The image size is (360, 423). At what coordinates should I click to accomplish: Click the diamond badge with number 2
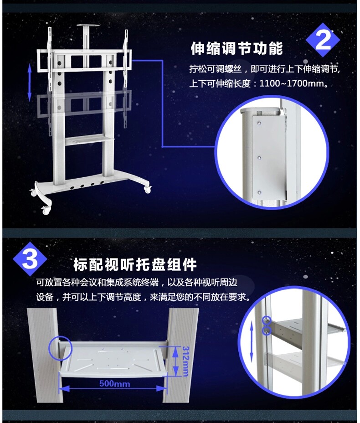point(323,40)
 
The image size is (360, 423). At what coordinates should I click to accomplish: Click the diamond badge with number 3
point(30,259)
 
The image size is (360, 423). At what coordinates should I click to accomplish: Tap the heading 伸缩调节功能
point(237,49)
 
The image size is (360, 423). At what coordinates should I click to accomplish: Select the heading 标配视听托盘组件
point(135,265)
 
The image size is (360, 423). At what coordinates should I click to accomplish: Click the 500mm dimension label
point(114,384)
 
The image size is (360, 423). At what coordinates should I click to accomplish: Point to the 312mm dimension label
point(185,361)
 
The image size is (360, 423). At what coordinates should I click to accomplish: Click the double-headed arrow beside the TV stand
point(30,83)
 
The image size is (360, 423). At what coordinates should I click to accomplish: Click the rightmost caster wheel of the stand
point(147,189)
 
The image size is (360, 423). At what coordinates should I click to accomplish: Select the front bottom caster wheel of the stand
point(46,210)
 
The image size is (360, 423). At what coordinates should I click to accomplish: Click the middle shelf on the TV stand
point(88,140)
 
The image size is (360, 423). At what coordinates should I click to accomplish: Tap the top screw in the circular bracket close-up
point(259,123)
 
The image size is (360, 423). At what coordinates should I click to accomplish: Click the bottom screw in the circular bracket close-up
point(259,193)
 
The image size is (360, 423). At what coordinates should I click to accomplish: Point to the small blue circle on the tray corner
point(60,348)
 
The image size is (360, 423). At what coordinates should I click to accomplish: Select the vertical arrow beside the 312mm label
point(176,361)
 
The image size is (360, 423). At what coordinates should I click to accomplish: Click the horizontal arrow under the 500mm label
point(113,389)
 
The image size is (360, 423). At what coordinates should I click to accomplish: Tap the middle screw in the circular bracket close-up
point(259,158)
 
